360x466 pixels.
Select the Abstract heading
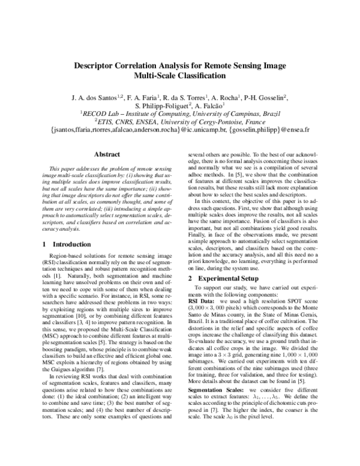coord(108,154)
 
